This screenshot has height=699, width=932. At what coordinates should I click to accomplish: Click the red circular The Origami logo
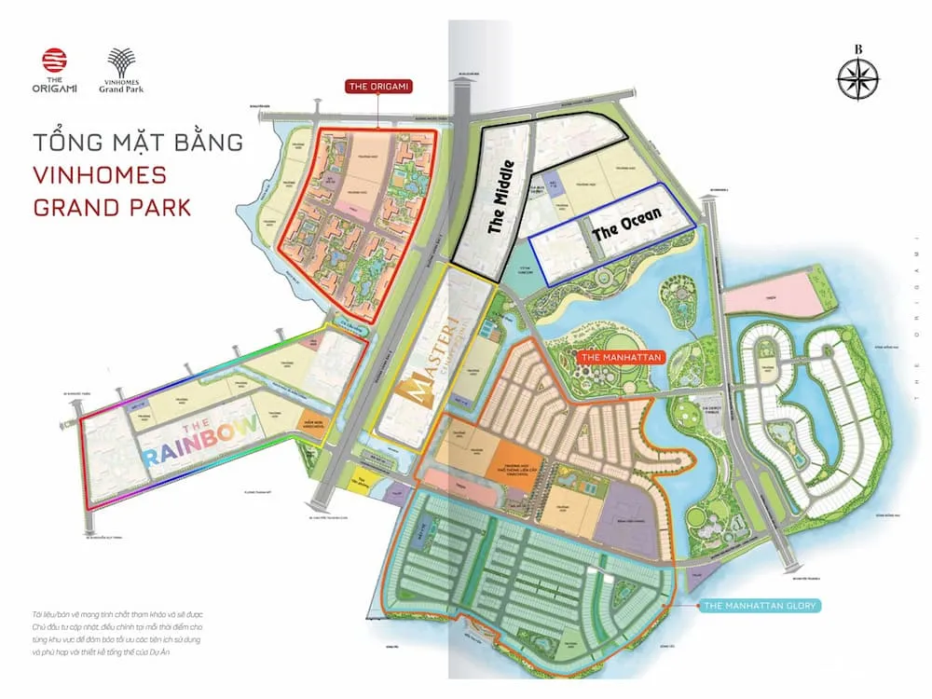(55, 62)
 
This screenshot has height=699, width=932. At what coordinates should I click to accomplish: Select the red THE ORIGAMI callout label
(378, 87)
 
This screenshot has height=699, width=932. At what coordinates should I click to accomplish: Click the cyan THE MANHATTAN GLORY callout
(761, 607)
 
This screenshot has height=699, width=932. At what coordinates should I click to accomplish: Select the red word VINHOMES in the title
(100, 174)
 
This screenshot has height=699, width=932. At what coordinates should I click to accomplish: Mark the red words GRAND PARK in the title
(112, 206)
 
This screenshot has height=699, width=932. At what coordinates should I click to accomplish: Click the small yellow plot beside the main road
(361, 481)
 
